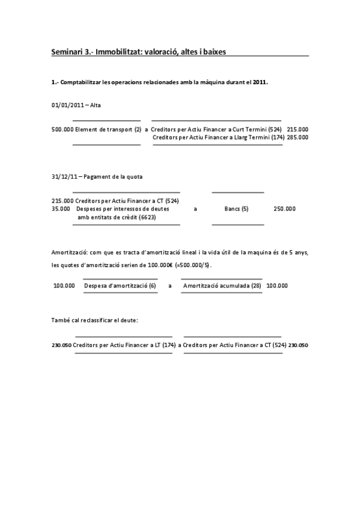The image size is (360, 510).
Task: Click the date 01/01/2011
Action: (67, 105)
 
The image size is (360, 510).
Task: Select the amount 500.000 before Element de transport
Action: (63, 129)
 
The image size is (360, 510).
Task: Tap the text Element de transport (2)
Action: (108, 129)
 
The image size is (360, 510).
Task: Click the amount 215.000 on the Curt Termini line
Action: (297, 129)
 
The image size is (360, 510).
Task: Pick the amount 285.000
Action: (297, 137)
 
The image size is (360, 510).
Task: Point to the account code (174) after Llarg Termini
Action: (277, 137)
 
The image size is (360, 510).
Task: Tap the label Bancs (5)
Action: (236, 209)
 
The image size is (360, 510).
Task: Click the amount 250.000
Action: (284, 209)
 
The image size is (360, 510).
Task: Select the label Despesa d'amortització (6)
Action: (120, 286)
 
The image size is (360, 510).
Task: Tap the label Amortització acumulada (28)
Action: (222, 286)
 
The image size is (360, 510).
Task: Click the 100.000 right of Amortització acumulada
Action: (276, 286)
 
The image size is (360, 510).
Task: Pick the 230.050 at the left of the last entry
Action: (62, 346)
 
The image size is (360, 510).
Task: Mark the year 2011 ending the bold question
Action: (260, 82)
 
